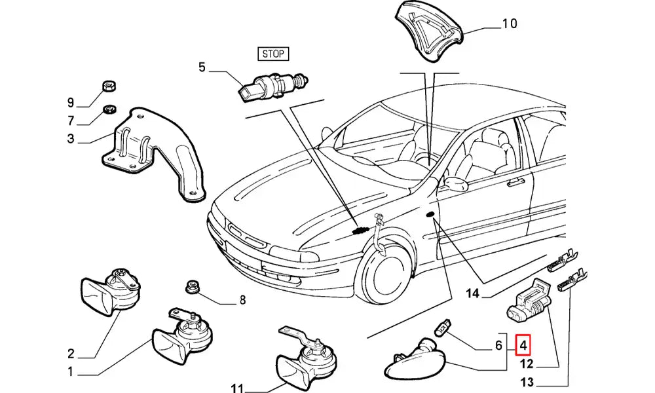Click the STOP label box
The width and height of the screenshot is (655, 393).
point(273,54)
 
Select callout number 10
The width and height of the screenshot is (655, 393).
point(509,24)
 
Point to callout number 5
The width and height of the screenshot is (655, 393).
point(202,67)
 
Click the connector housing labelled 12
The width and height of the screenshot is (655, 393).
point(529,303)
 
